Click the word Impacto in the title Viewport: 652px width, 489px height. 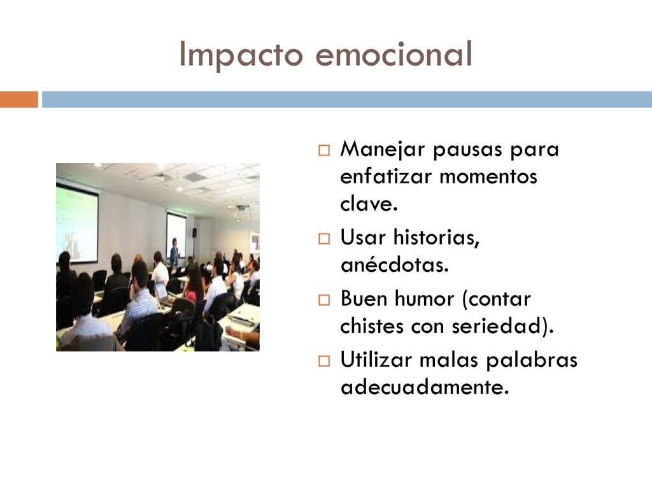coord(241,54)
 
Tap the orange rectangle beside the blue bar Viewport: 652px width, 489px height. coord(19,99)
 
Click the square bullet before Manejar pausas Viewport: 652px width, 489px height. coord(324,150)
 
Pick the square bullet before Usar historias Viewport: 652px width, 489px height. coord(324,239)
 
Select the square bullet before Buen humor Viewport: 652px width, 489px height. coord(324,300)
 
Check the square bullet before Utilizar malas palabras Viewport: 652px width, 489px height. coord(324,361)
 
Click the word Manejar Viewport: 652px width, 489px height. coord(383,150)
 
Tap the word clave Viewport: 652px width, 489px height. coord(369,203)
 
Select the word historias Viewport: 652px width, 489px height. coord(436,238)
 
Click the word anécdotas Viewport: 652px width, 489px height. coord(395,264)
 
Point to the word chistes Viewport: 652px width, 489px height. coord(372,325)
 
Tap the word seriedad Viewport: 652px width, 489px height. coord(497,325)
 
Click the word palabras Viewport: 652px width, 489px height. coord(532,360)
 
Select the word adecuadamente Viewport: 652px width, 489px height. coord(425,386)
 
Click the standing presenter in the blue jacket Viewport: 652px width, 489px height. coord(175,253)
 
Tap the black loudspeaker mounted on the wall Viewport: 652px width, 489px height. coord(195,232)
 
